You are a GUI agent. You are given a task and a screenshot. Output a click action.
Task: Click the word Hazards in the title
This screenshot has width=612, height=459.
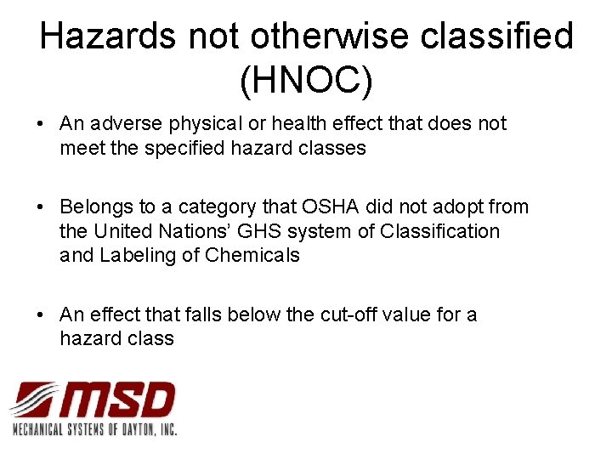(x=108, y=37)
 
